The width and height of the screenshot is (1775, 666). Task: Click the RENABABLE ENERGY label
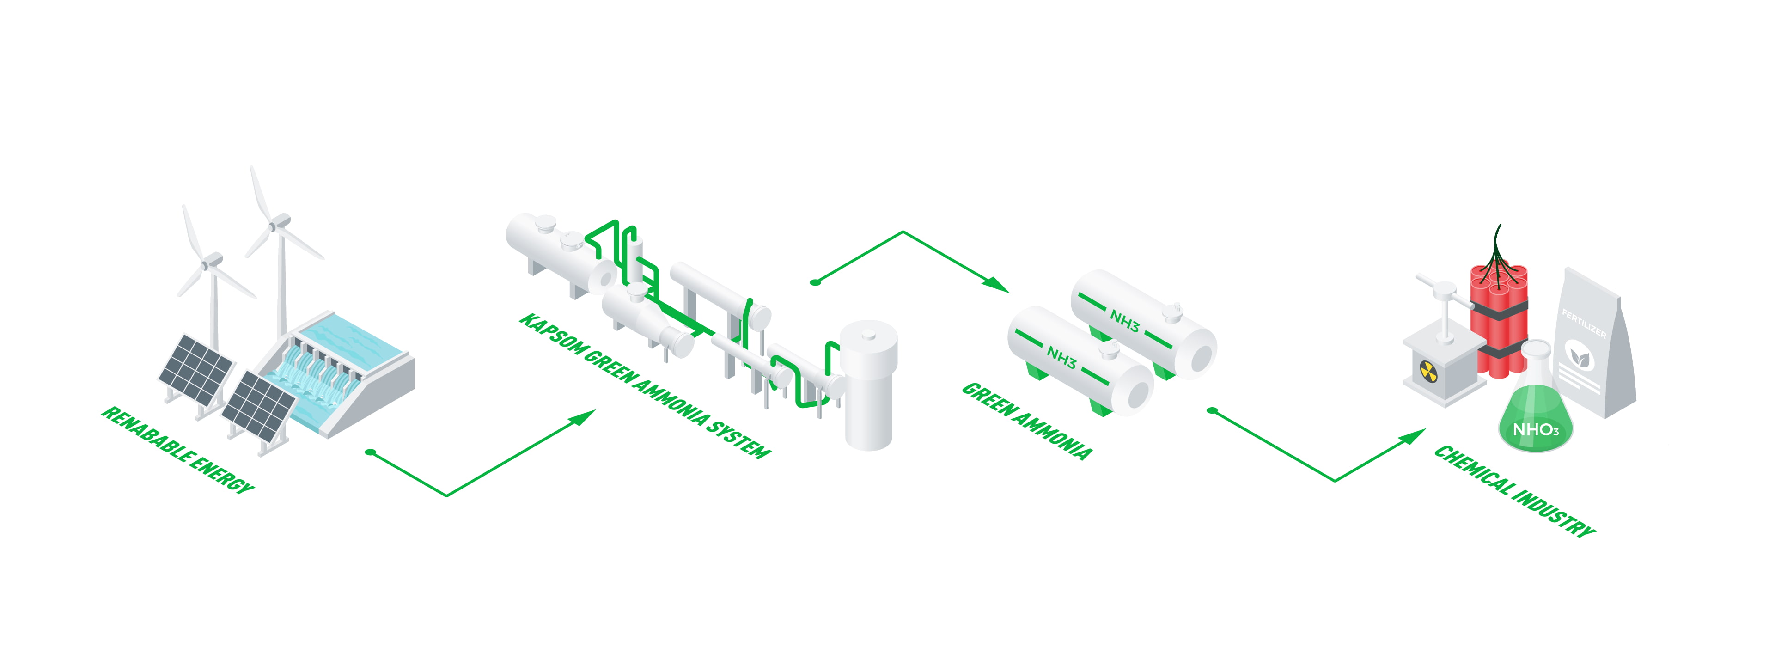click(178, 450)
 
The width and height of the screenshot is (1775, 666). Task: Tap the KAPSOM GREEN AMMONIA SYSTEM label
click(645, 385)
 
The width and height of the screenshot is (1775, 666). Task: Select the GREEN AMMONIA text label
click(1027, 421)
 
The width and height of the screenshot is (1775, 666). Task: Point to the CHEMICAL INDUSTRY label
click(1515, 490)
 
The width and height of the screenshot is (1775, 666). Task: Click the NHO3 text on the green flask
click(1535, 429)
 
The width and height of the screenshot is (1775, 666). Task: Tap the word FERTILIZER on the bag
click(1583, 324)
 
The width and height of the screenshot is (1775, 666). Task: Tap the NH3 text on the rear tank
click(1124, 321)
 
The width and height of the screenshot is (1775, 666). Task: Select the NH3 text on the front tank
click(1061, 357)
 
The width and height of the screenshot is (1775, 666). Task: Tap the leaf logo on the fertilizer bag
click(1578, 356)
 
